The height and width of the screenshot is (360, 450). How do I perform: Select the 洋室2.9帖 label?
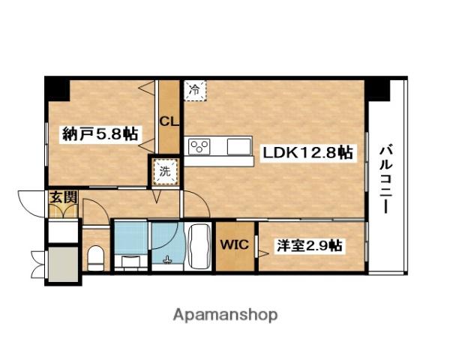pos(309,245)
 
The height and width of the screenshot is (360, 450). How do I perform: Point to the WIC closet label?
pos(235,245)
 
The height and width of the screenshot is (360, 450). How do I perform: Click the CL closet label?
pos(169,121)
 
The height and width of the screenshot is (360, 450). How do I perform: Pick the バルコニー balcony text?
pos(386,180)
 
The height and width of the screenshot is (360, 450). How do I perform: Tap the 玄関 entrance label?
pos(64,197)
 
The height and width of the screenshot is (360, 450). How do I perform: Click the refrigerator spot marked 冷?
pos(195,90)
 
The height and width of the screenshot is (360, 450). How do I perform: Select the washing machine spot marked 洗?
pos(165,172)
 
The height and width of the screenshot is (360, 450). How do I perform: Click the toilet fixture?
pos(95,258)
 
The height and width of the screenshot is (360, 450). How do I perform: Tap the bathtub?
pos(199,247)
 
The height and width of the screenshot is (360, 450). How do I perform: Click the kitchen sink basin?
pos(238,146)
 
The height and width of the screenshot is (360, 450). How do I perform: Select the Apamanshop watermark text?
pos(225,315)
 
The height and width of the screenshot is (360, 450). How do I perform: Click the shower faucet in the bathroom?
pos(167,260)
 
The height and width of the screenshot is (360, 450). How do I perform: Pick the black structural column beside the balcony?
pos(377,89)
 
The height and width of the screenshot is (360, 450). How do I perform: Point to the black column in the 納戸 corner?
pos(58,89)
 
